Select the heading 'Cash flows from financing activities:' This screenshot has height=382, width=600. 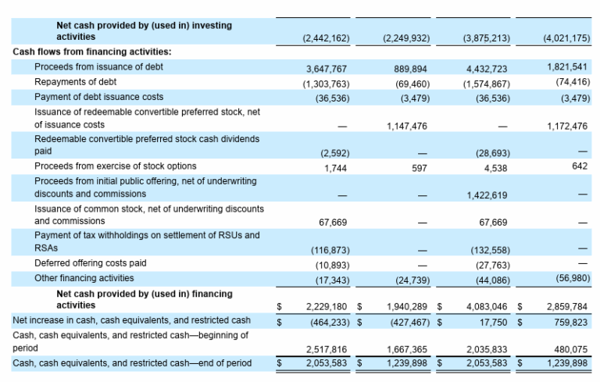point(92,52)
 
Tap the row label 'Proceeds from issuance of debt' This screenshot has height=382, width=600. point(98,66)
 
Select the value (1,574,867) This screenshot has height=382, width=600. point(487,84)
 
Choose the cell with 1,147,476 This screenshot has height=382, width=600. point(407,125)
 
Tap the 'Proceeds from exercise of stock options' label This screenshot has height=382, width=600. point(116,166)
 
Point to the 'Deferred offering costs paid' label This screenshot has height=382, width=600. point(91,263)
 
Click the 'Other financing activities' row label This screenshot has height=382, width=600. point(84,278)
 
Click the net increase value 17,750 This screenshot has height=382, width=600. point(495,321)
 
